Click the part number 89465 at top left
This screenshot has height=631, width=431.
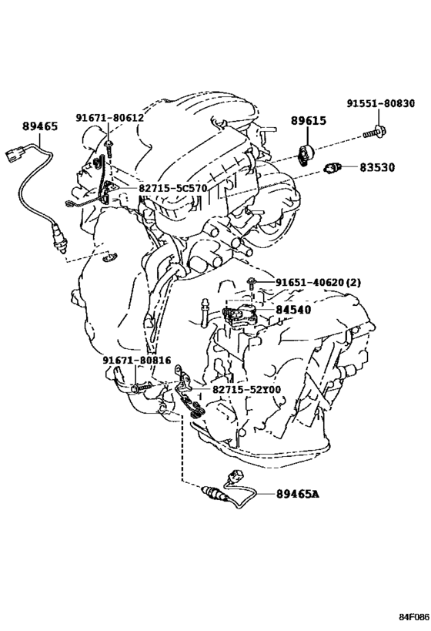coord(40,126)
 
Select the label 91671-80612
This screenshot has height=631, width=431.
coord(110,118)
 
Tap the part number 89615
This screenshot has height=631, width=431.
coord(309,121)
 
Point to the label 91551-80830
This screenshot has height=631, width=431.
coord(381,103)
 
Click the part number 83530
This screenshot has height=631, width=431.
coord(377,167)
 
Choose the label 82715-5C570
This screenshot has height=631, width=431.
coord(173,188)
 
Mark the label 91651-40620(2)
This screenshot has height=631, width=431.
coord(318,283)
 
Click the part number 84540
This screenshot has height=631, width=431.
coord(293,310)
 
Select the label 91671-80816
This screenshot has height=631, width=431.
coord(137,360)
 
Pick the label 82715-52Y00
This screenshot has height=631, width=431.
coord(246,390)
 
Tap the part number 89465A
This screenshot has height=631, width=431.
coord(298,493)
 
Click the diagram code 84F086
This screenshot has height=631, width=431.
coord(414,617)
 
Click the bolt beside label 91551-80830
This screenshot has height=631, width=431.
coord(373,133)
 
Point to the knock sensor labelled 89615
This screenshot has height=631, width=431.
coord(306,154)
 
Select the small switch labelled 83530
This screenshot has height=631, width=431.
coord(332,167)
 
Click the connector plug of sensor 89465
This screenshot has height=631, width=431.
coord(13,154)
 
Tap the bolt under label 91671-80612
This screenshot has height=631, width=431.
coord(109,149)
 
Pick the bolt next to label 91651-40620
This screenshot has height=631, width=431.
coord(250,284)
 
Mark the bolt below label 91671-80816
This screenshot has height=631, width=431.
coord(142,388)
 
